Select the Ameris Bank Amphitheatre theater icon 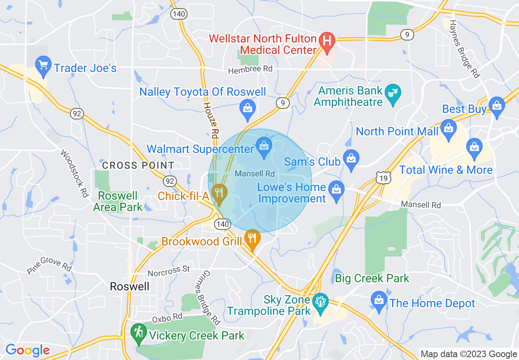[393, 94]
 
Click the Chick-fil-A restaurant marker [220, 193]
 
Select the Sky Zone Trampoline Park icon [320, 303]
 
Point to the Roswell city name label [130, 286]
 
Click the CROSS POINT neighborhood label [138, 166]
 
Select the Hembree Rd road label [250, 69]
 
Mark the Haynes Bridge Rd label [465, 49]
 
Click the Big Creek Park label [372, 279]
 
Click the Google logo [27, 350]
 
